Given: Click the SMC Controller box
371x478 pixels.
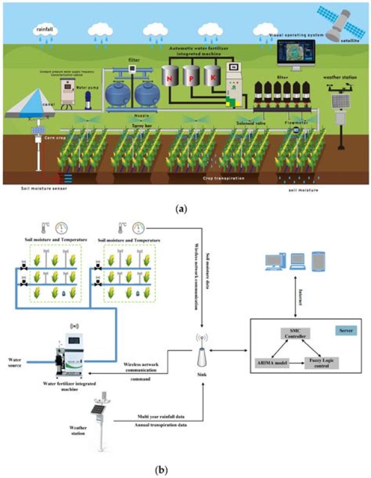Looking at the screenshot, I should point(294,333).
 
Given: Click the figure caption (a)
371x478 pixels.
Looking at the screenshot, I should point(185,209).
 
